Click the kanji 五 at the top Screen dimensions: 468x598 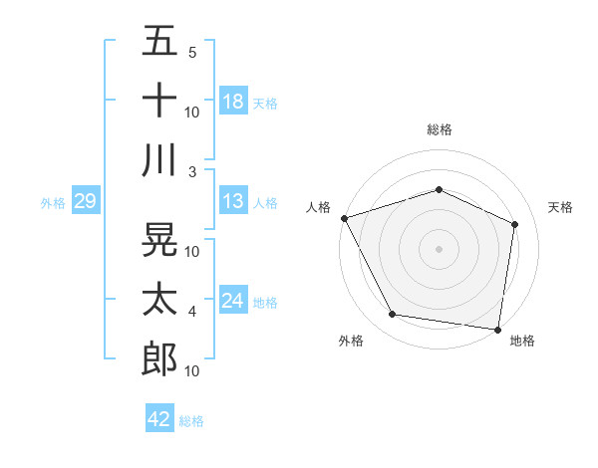[159, 41]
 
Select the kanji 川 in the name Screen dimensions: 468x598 [159, 159]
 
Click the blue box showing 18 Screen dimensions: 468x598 [233, 103]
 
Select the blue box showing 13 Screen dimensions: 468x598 [233, 202]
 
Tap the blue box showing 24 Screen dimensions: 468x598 [233, 302]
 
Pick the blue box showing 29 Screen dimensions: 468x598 [85, 202]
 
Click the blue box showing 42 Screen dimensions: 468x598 [159, 419]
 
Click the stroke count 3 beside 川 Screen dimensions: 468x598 [192, 171]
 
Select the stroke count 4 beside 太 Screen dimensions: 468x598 [192, 312]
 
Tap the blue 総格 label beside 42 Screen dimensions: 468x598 [191, 421]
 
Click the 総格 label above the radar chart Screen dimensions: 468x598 [439, 129]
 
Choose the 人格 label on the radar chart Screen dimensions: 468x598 [319, 207]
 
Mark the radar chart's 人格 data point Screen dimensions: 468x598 [344, 218]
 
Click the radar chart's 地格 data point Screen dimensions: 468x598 [497, 328]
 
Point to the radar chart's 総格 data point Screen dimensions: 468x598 [439, 189]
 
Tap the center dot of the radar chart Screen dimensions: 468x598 [439, 248]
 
